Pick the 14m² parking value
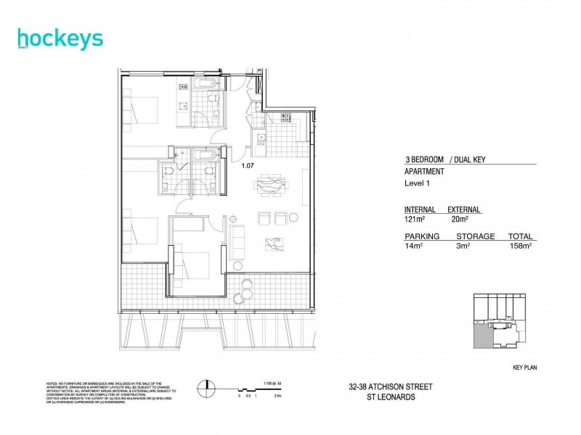pyautogui.click(x=414, y=246)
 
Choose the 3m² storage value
pyautogui.click(x=463, y=246)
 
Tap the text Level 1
pyautogui.click(x=418, y=184)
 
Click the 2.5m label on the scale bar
pyautogui.click(x=278, y=396)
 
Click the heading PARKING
pyautogui.click(x=420, y=236)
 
